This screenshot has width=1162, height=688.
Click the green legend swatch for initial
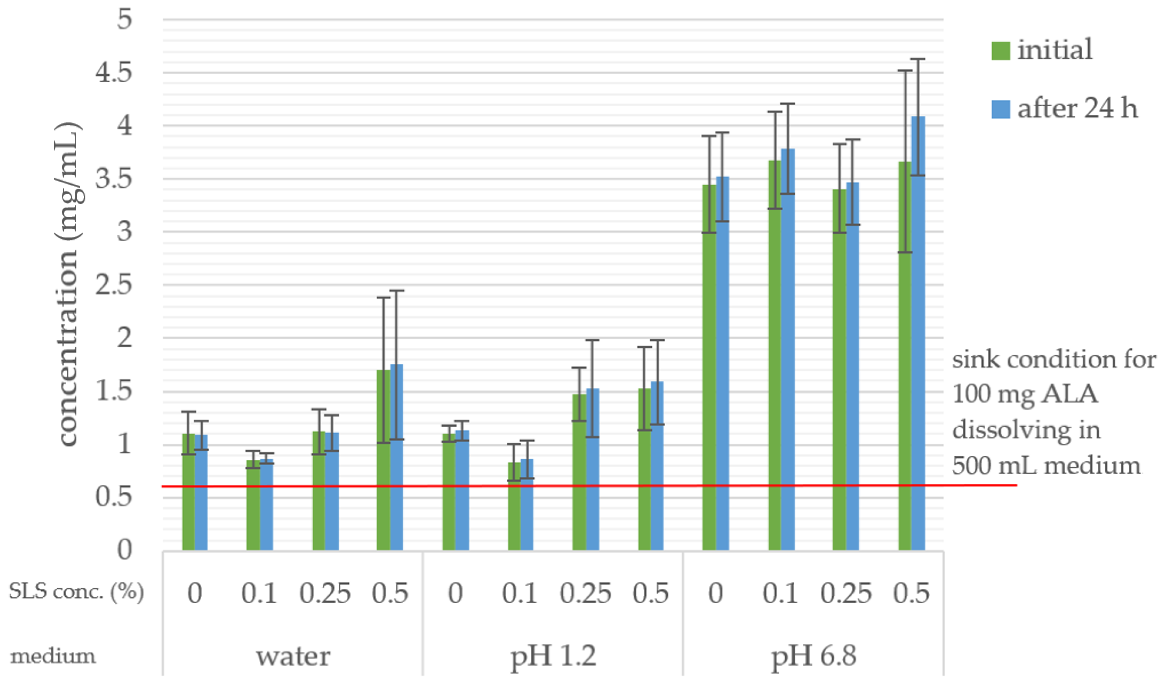(x=1000, y=50)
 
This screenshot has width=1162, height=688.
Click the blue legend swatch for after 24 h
(x=1000, y=109)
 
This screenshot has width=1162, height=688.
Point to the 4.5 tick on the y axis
(x=114, y=73)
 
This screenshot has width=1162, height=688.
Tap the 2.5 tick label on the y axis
(x=114, y=285)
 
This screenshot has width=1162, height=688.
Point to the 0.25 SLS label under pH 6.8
(x=846, y=594)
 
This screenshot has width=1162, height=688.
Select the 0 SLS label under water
(x=195, y=594)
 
